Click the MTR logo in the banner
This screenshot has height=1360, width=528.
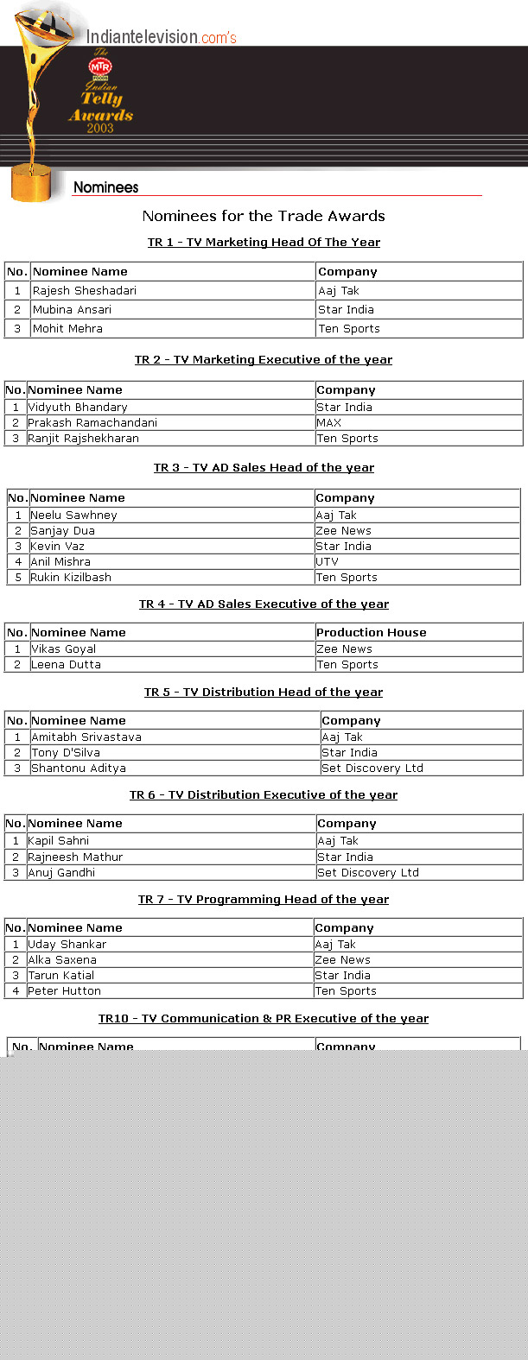click(100, 66)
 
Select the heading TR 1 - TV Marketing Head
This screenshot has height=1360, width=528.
click(264, 243)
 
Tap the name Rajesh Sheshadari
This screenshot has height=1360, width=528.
click(85, 291)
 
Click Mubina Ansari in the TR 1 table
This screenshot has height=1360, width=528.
click(72, 310)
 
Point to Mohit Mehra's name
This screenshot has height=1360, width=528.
click(67, 329)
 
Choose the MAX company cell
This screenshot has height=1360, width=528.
click(329, 423)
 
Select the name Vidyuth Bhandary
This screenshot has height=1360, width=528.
click(78, 408)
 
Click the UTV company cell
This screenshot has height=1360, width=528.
click(328, 562)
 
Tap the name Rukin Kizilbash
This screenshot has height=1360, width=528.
click(71, 578)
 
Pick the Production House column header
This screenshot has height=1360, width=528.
click(372, 633)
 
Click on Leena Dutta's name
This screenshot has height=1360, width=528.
click(67, 665)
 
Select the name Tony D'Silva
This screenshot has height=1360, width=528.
click(66, 753)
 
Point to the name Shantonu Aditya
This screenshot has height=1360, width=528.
click(79, 769)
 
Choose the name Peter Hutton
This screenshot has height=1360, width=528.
click(64, 991)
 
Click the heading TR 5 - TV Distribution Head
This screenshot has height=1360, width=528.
click(264, 693)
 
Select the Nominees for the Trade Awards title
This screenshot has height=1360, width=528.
click(264, 216)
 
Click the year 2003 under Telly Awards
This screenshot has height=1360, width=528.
click(100, 129)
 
